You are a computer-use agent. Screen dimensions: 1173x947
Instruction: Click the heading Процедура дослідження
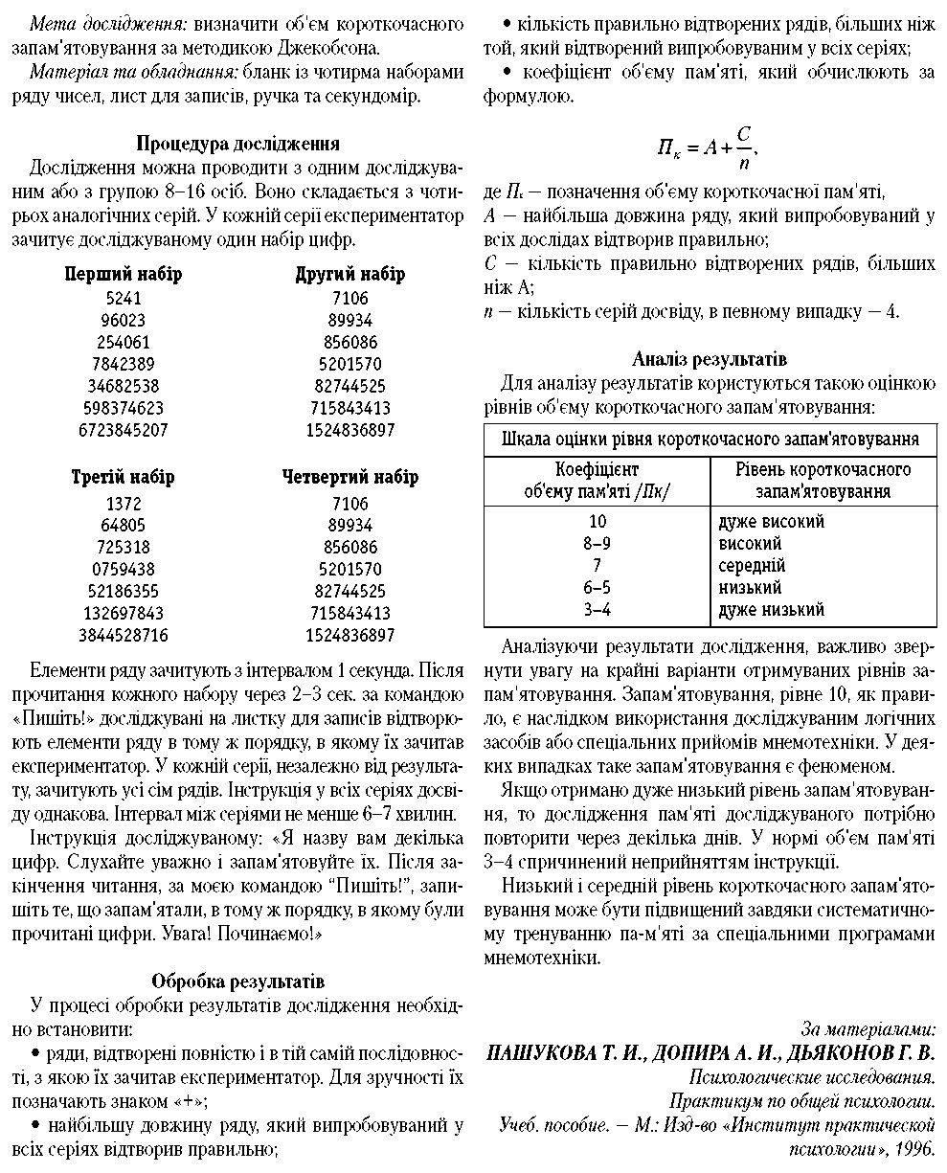coord(237,145)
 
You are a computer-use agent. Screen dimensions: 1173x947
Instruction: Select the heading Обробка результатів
coord(238,981)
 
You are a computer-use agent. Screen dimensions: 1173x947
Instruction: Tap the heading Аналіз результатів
coord(710,360)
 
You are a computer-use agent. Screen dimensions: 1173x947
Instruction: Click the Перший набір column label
coord(124,275)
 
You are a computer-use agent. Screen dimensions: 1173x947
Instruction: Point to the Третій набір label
coord(124,477)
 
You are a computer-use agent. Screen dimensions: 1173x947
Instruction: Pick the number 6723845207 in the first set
coord(124,431)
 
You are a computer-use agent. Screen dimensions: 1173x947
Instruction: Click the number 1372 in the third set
coord(124,504)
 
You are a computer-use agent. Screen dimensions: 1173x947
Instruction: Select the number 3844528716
coord(124,635)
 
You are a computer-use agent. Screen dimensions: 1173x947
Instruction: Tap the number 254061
coord(124,342)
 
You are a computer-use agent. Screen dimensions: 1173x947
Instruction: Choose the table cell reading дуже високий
coord(771,522)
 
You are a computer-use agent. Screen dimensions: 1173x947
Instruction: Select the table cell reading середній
coord(752,566)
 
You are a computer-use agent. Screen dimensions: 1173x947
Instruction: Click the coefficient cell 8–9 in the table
coord(597,544)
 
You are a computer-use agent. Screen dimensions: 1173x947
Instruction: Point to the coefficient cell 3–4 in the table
coord(597,610)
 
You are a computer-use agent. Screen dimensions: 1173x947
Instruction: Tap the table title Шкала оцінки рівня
coord(710,440)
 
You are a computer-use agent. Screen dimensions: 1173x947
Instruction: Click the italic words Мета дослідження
coord(91,21)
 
